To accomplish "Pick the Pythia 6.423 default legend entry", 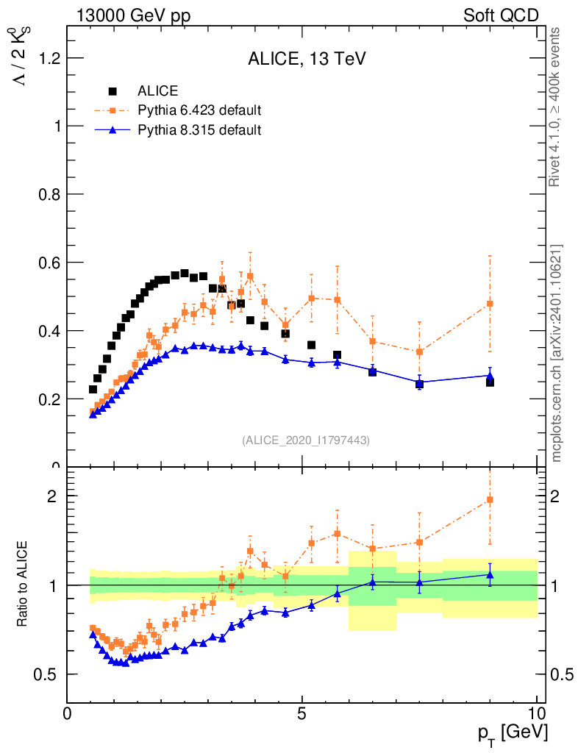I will coord(199,110).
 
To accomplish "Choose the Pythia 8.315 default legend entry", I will coord(199,130).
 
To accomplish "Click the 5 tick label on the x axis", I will coord(302,714).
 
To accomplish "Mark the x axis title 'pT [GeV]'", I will coord(513,732).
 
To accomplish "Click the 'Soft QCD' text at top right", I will coord(501,15).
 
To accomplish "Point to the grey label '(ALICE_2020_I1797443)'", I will coord(305,440).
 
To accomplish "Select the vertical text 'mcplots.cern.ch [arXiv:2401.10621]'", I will coord(557,353).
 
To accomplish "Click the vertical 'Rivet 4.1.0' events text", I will coord(557,107).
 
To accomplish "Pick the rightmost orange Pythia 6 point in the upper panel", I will coord(490,304).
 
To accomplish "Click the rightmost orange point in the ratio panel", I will coord(490,500).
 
